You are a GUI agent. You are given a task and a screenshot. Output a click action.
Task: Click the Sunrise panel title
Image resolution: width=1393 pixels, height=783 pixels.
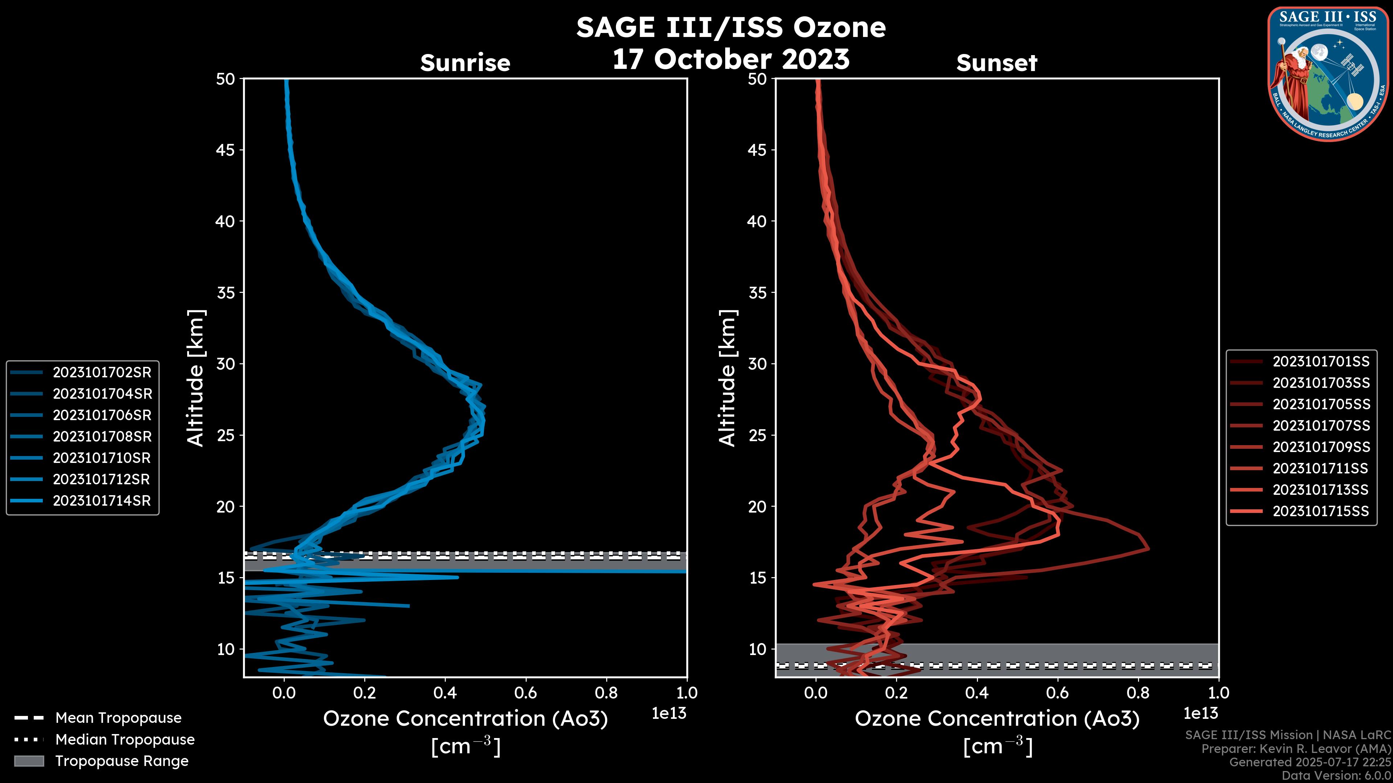465,63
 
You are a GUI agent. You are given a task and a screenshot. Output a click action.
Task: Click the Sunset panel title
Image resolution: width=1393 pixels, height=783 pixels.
997,63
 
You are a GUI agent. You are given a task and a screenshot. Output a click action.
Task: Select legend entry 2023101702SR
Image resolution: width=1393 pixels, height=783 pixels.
102,372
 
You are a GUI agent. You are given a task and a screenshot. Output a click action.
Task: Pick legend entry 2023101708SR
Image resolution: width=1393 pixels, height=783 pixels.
102,436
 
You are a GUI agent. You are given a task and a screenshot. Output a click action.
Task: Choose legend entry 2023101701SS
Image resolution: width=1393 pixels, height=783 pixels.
1320,361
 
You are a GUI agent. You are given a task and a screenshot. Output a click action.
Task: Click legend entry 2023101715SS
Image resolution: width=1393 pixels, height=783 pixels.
1320,511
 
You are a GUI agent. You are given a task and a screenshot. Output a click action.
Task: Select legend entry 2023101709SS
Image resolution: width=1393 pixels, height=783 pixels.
1320,447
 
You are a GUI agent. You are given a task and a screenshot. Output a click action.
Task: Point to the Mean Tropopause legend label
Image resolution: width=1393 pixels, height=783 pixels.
118,718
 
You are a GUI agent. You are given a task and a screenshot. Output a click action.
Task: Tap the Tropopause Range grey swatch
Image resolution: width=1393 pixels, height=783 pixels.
29,761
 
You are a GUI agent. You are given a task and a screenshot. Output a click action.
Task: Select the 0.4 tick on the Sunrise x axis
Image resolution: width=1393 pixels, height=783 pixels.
445,693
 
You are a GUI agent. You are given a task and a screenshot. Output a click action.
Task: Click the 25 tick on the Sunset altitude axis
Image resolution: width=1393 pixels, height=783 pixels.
757,435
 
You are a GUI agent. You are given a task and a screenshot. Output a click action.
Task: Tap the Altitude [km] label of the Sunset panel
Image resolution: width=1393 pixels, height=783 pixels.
727,378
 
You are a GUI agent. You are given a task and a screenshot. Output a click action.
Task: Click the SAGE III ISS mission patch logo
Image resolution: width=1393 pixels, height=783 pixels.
1328,74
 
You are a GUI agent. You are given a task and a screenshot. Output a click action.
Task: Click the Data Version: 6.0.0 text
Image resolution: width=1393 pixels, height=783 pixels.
1336,775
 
